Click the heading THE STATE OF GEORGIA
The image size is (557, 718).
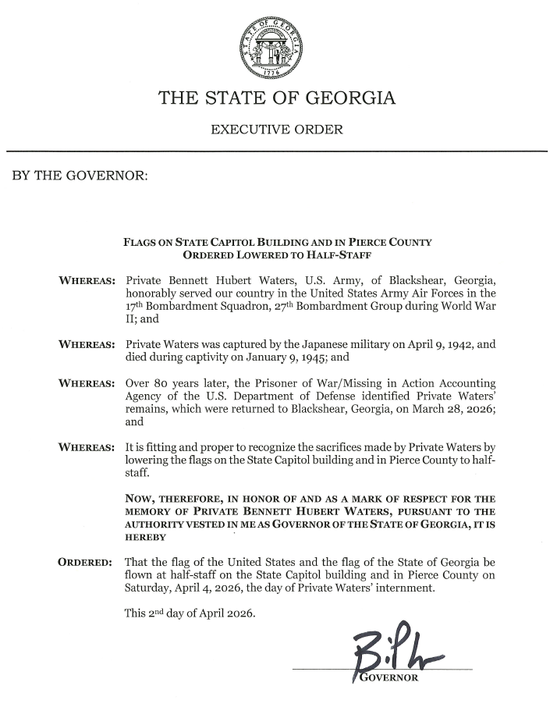tap(277, 99)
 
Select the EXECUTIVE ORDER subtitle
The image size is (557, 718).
tap(277, 129)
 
